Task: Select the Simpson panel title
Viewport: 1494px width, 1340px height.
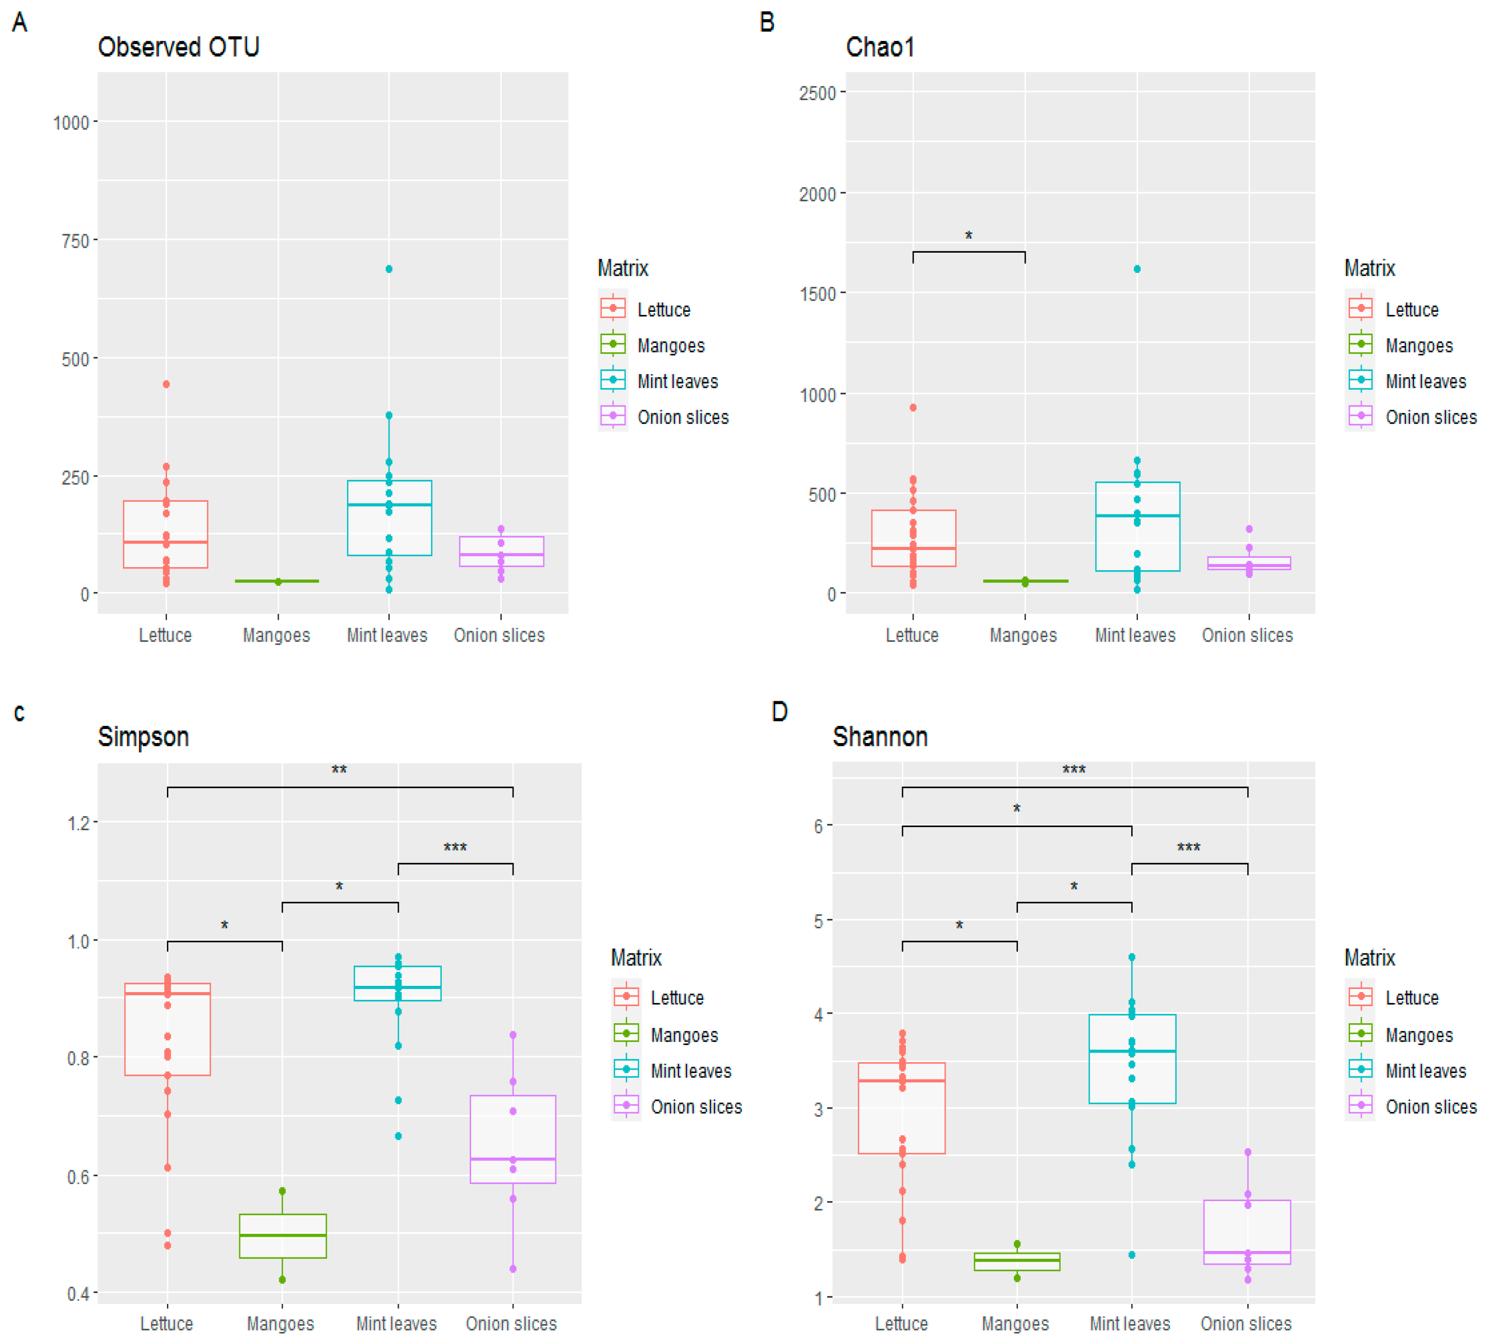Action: tap(143, 736)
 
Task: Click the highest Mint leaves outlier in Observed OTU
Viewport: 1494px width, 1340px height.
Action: tap(389, 269)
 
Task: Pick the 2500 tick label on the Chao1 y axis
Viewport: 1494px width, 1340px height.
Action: tap(817, 93)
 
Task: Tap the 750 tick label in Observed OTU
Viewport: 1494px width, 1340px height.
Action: tap(75, 241)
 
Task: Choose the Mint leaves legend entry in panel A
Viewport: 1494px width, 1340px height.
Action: tap(677, 381)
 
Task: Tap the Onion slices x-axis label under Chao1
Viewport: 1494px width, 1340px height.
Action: tap(1247, 635)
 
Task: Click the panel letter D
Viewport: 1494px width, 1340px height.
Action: tap(779, 712)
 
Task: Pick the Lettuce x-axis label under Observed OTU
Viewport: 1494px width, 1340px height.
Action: tap(165, 635)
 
